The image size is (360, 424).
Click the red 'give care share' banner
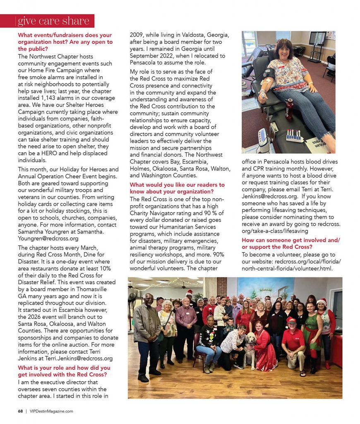click(x=48, y=21)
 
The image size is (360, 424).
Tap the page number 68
click(x=20, y=411)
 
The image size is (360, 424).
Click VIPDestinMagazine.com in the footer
click(x=51, y=411)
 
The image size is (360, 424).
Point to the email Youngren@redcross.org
click(x=48, y=238)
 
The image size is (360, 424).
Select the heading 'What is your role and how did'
click(x=64, y=368)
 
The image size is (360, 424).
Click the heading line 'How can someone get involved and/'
click(x=290, y=240)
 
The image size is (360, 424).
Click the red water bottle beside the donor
click(x=289, y=109)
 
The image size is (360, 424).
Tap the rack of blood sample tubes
click(x=295, y=135)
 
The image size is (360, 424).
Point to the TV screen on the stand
click(x=317, y=39)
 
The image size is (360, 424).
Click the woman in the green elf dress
click(x=312, y=333)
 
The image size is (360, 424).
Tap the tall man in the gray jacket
click(x=146, y=331)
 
